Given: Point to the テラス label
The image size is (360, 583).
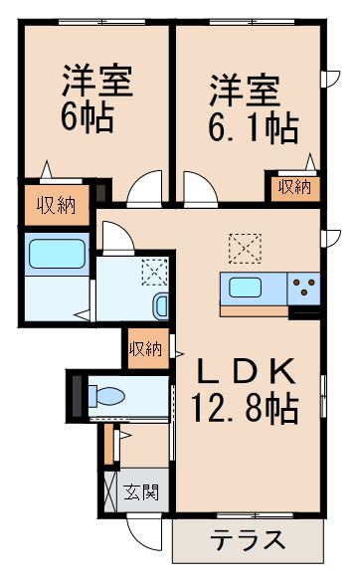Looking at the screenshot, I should coord(249,541).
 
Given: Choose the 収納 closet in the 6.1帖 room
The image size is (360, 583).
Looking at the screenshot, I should coord(293,187).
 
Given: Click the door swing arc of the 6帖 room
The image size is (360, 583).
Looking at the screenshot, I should coord(143,187).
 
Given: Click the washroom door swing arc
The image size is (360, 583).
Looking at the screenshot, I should coord(115,235).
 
